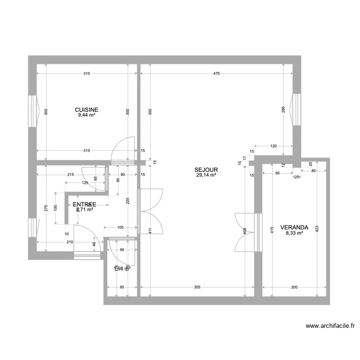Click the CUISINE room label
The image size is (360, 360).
coord(86,109)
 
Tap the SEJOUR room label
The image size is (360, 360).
coord(206,169)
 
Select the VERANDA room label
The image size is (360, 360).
coord(294,228)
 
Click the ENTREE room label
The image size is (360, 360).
coord(84,204)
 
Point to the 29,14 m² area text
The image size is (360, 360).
coord(206,175)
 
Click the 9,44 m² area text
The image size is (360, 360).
coord(86,115)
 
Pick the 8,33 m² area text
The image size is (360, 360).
coord(294,233)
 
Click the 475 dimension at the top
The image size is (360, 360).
coord(216,74)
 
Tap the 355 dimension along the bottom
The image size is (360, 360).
coord(197,288)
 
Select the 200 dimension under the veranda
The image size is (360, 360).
coord(294,288)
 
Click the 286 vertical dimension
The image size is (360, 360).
coord(284,110)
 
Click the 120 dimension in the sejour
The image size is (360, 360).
coord(274,145)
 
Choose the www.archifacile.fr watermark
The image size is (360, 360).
coord(331,326)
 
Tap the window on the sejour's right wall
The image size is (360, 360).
coord(296,108)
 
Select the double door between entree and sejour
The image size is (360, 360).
coord(150,211)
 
